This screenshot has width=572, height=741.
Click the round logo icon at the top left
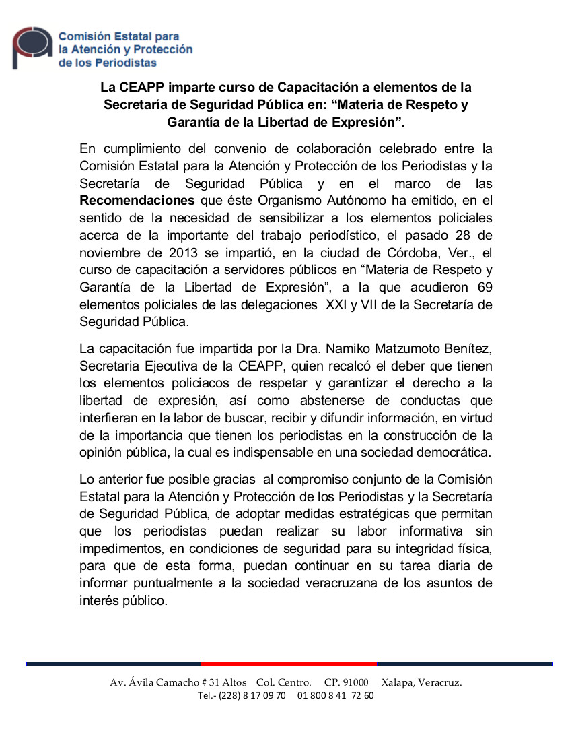pos(32,47)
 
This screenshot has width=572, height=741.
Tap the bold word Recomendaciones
pos(137,201)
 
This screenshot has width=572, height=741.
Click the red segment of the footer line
pos(289,664)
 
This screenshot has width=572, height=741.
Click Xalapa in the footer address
pos(396,682)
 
